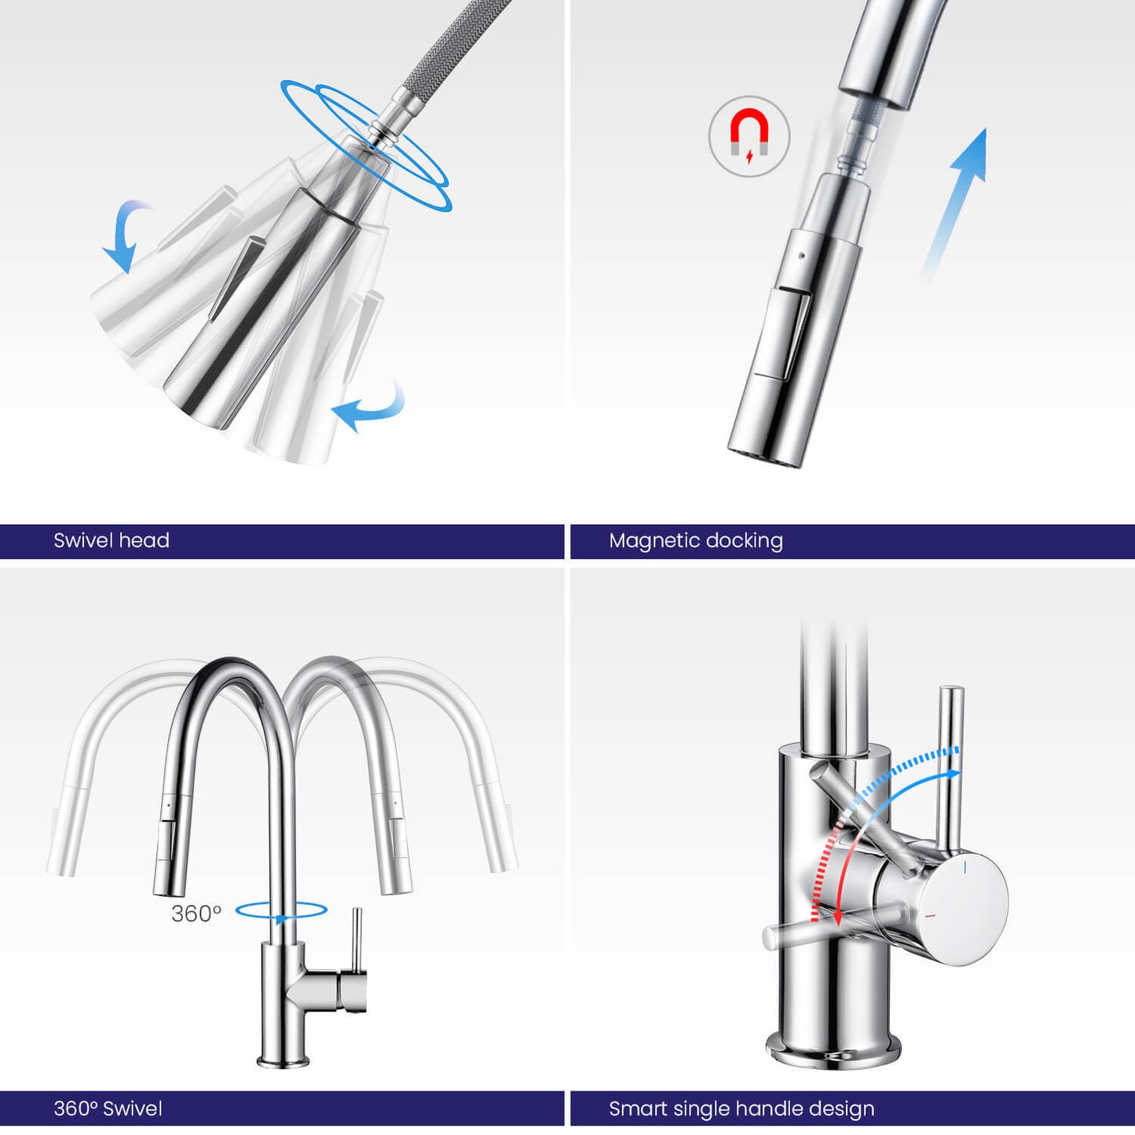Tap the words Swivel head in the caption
tap(112, 540)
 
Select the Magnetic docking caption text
tap(696, 540)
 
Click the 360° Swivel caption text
tap(108, 1108)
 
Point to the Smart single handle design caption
tap(741, 1108)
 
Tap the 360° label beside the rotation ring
tap(196, 913)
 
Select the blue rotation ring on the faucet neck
tap(281, 911)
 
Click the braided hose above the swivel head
tap(448, 47)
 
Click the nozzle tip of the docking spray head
tap(766, 456)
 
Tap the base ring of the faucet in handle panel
tap(833, 1053)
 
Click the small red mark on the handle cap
tap(932, 916)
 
